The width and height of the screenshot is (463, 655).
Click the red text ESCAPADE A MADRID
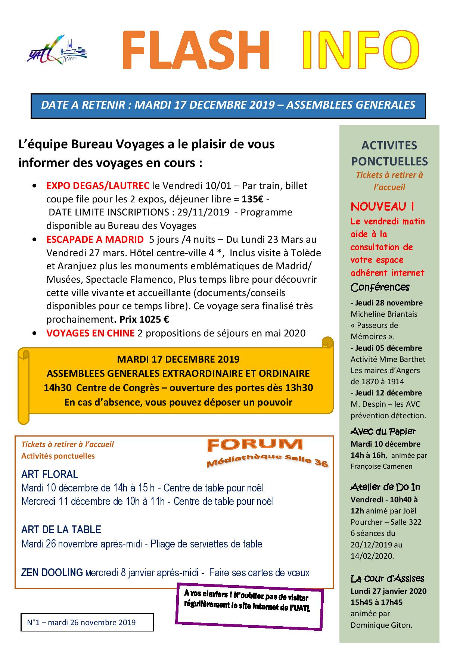click(95, 239)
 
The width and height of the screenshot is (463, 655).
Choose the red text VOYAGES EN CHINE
click(90, 333)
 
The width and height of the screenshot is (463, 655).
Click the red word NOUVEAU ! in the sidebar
click(382, 206)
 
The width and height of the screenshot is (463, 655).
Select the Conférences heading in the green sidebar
click(380, 287)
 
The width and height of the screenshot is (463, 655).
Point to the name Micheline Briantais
click(379, 314)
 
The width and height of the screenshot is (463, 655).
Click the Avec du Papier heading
click(383, 431)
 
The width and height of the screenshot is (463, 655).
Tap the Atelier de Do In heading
click(385, 487)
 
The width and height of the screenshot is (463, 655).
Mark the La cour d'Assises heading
click(387, 579)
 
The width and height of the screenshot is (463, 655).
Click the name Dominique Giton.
click(381, 624)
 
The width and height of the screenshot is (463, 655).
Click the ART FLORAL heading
click(50, 474)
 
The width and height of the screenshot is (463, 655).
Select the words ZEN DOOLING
click(52, 572)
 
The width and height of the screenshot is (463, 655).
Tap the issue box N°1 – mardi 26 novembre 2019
click(87, 623)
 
